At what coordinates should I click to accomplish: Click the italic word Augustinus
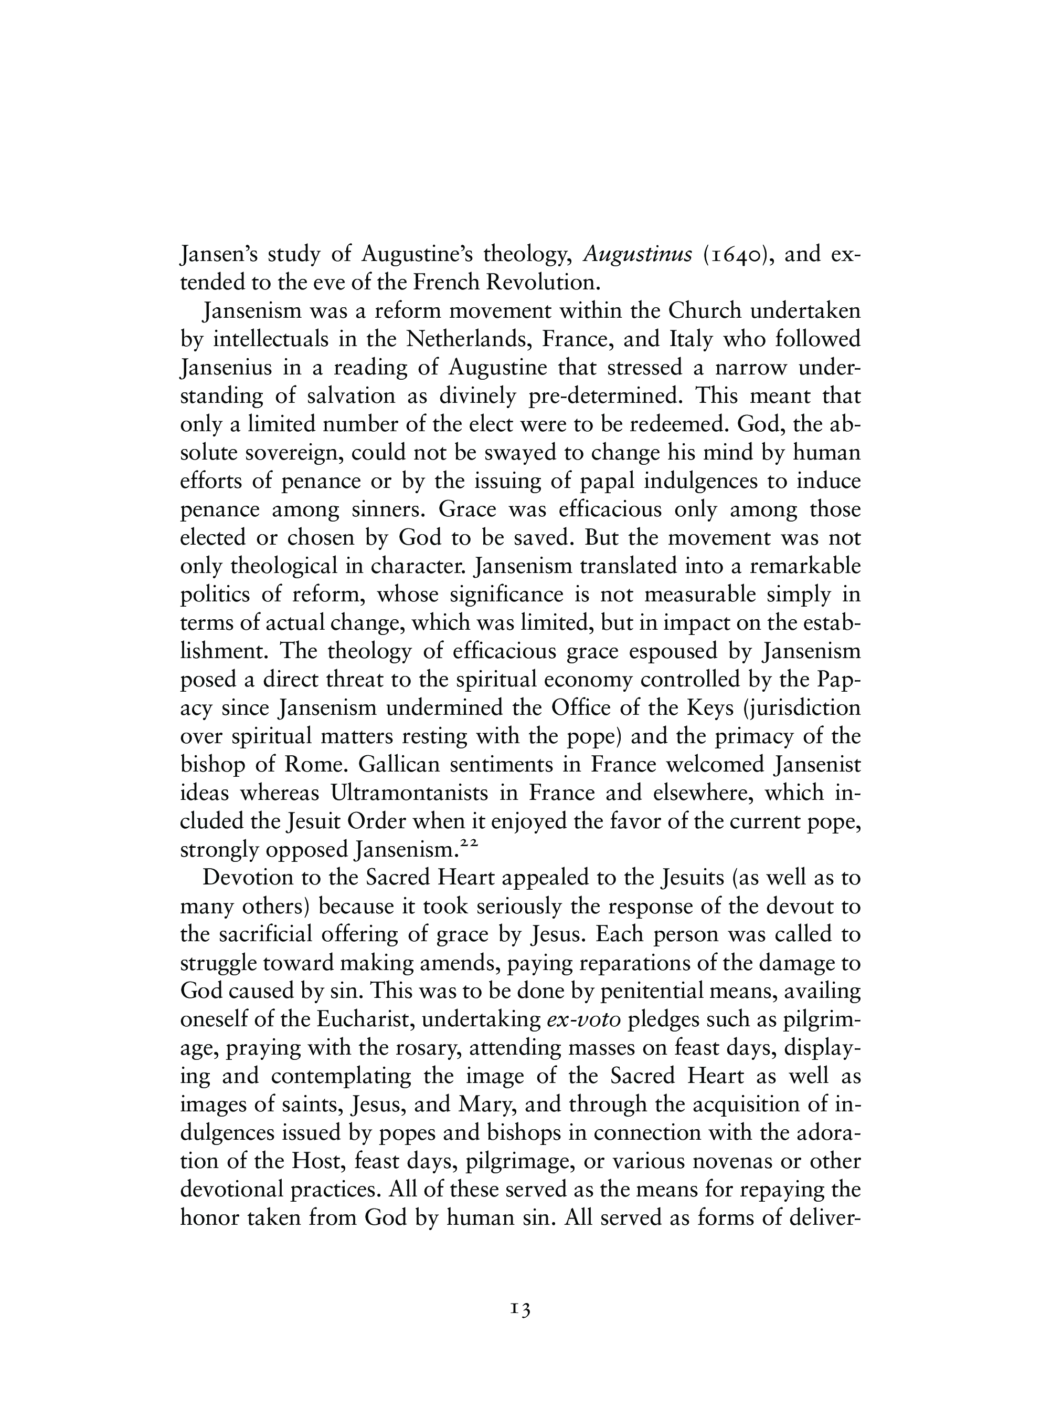(638, 254)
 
